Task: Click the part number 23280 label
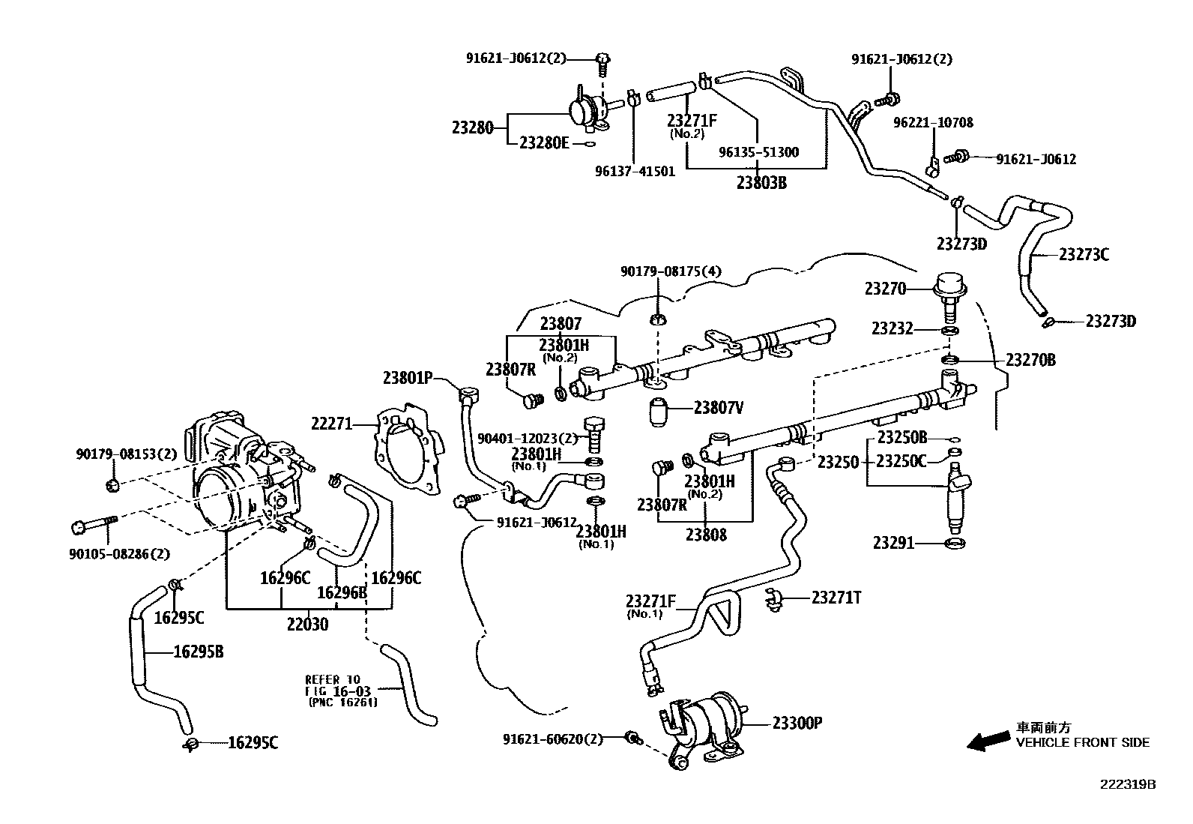[472, 127]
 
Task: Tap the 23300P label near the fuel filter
[797, 723]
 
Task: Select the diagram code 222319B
[1128, 784]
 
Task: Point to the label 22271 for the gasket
[331, 424]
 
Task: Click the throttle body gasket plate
[407, 450]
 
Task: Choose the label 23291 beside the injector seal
[893, 542]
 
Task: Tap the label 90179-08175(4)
[671, 271]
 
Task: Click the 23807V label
[718, 408]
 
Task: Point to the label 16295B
[199, 652]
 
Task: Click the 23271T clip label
[836, 597]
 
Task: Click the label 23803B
[761, 182]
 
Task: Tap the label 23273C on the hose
[1084, 254]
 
